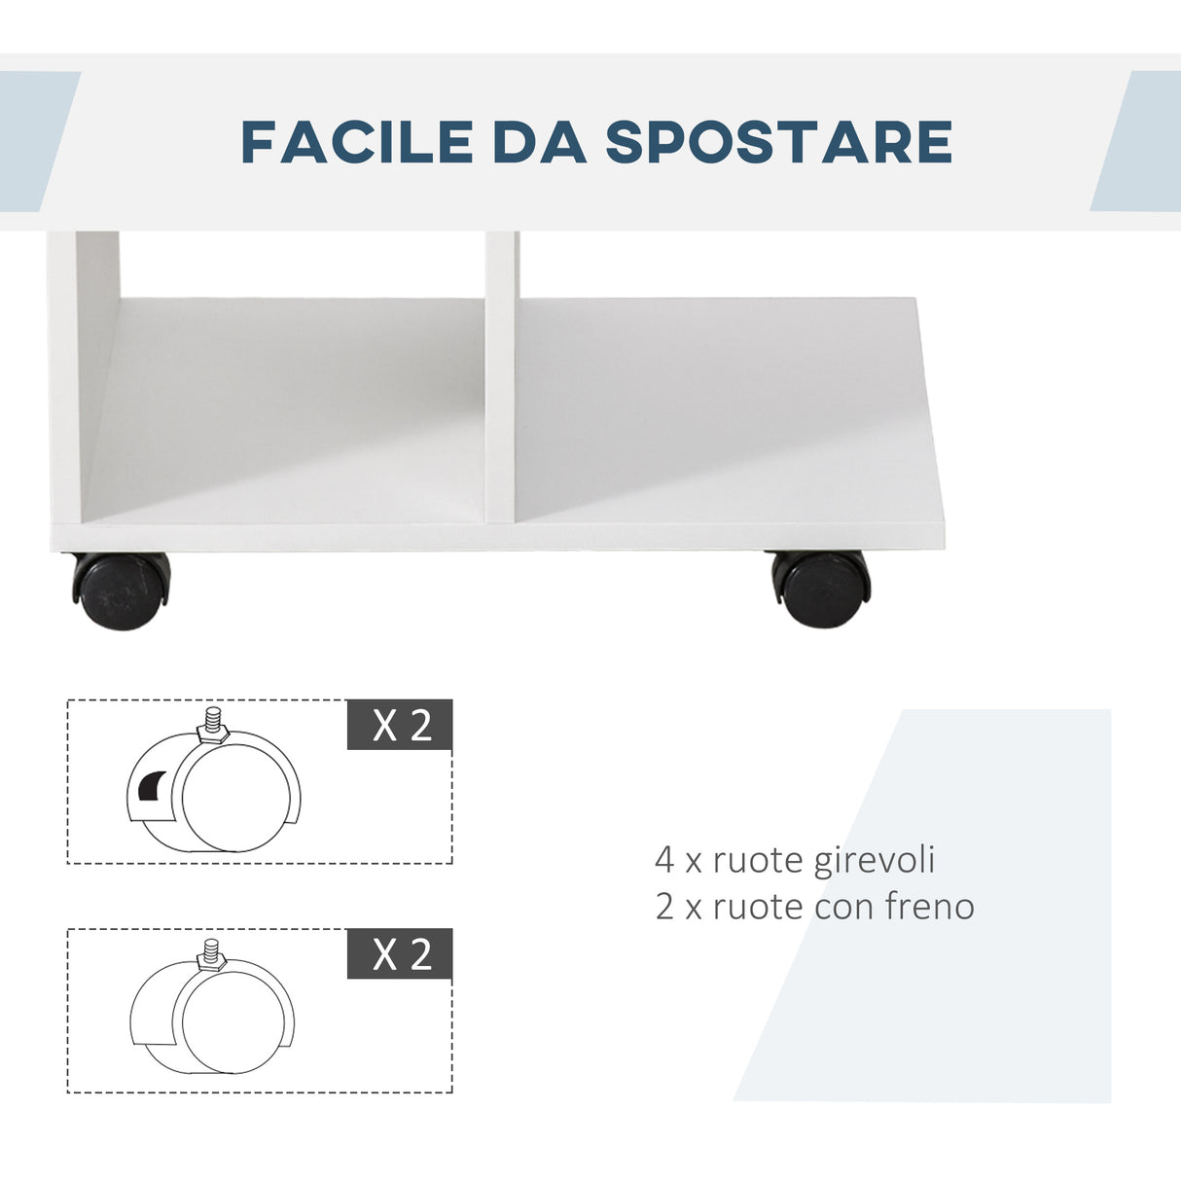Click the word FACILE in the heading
point(356,142)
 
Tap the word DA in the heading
point(540,142)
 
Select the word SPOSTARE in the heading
point(778,142)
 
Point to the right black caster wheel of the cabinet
point(820,588)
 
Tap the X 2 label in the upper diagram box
point(400,725)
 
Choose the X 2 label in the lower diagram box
point(400,953)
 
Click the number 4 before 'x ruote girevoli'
point(663,860)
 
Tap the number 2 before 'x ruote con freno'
point(664,907)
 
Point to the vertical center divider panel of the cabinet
point(501,379)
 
